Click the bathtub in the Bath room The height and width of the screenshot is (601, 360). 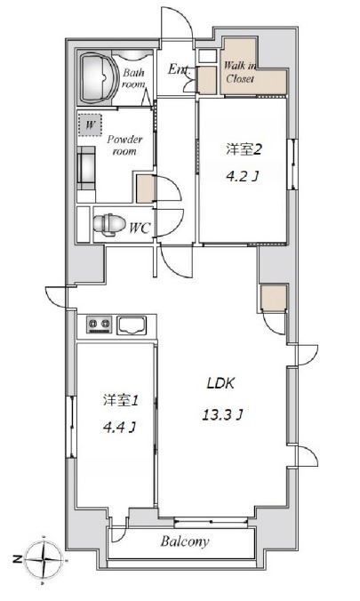99,77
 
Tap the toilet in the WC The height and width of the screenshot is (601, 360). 109,224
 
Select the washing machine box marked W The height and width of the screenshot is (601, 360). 90,124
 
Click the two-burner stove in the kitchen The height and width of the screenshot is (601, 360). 99,325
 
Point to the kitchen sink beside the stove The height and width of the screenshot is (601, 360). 132,325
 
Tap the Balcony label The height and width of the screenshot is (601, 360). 185,541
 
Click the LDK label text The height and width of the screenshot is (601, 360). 220,383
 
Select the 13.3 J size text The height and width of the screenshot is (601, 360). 223,414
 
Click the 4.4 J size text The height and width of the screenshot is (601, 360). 119,427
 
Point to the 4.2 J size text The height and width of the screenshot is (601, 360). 241,177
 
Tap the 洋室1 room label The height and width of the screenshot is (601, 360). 120,401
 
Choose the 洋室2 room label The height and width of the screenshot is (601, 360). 244,149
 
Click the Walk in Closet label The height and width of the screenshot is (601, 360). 240,72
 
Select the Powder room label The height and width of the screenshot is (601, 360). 124,145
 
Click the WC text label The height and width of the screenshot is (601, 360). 140,228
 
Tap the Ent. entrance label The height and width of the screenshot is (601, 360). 179,69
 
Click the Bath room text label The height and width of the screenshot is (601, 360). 133,78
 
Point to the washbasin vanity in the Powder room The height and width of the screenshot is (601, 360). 86,168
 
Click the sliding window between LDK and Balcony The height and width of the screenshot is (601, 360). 211,521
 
